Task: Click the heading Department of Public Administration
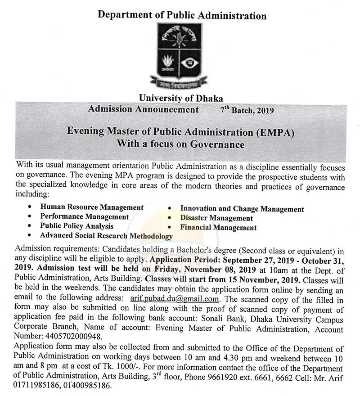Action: [x=182, y=15]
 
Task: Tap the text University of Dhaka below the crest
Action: [x=181, y=98]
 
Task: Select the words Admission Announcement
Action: [x=143, y=109]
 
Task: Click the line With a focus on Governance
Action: [x=180, y=144]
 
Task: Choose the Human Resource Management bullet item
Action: [x=92, y=207]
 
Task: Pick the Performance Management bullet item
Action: [x=85, y=216]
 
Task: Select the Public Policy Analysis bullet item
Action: [x=76, y=226]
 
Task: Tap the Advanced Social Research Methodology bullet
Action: [x=106, y=235]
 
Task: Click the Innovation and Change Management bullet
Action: [x=242, y=209]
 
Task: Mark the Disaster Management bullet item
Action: [x=216, y=218]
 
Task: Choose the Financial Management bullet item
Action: [x=218, y=228]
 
